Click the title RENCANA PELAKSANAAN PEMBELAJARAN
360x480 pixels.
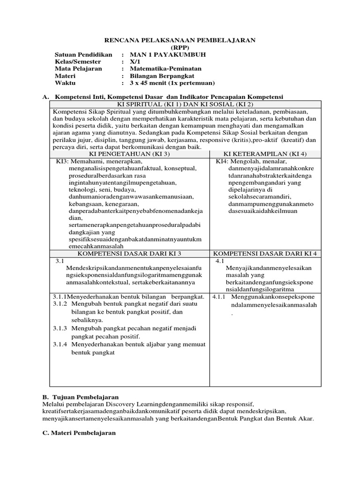coord(180,40)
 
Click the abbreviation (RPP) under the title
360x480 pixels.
coord(180,47)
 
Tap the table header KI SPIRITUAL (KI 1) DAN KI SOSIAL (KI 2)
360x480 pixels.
coord(186,104)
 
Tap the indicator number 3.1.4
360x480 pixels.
coord(60,344)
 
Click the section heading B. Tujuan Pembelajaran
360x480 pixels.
coord(80,397)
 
